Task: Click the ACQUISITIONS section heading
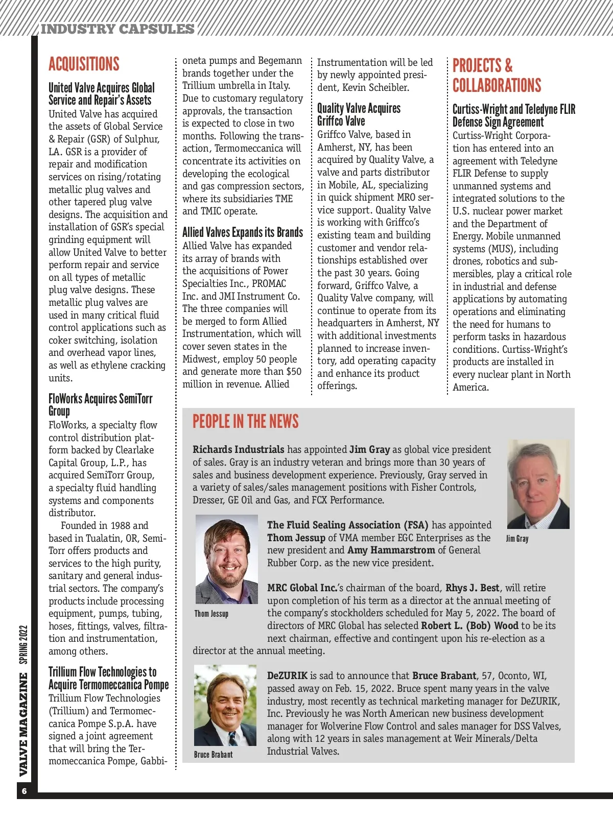84,64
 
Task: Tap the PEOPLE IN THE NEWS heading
245,421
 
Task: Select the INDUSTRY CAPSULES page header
117,29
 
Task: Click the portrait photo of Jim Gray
538,484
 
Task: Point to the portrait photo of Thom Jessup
226,559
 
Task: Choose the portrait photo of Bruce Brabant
225,705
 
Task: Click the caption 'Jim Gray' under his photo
517,539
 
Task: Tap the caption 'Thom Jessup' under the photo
211,614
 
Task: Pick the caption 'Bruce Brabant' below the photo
213,754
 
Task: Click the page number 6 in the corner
24,791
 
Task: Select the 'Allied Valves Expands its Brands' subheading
243,233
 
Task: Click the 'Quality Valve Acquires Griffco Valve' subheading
358,115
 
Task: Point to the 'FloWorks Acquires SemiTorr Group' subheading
100,405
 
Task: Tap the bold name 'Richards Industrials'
238,450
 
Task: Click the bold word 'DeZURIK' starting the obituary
288,676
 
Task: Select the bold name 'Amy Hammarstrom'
391,550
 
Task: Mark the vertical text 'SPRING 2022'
23,645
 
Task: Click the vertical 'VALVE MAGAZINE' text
23,724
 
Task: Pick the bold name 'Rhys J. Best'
473,588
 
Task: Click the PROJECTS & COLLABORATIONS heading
497,76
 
